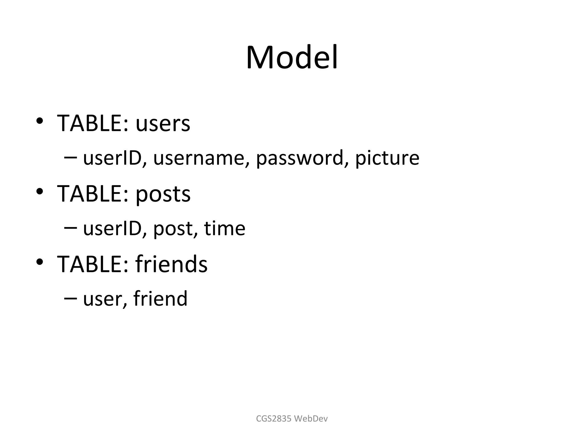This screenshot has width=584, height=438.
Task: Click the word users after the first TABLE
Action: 163,124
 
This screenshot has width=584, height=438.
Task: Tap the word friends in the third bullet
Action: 171,264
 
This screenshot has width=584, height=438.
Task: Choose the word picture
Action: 387,158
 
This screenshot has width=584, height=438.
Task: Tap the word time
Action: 225,228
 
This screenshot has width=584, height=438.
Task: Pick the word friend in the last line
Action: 160,298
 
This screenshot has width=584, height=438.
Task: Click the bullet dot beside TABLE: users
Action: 40,121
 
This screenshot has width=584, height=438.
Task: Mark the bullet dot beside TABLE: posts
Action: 40,191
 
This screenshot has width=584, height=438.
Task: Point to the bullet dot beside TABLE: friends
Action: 40,261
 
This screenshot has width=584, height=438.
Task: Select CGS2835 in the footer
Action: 274,419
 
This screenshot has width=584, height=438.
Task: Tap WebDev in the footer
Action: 311,419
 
